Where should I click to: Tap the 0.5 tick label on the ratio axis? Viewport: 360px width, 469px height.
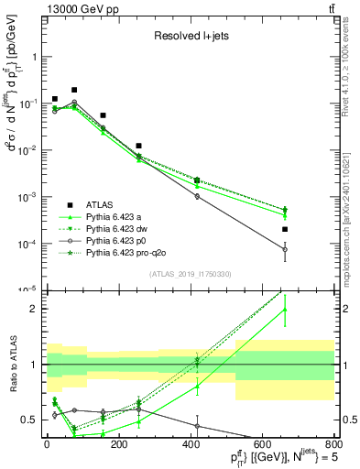[x=29, y=420]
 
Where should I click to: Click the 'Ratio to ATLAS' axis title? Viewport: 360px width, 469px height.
[x=12, y=364]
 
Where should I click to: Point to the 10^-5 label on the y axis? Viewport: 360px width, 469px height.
[x=27, y=290]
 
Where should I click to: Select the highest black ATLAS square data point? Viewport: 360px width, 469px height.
[x=74, y=90]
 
